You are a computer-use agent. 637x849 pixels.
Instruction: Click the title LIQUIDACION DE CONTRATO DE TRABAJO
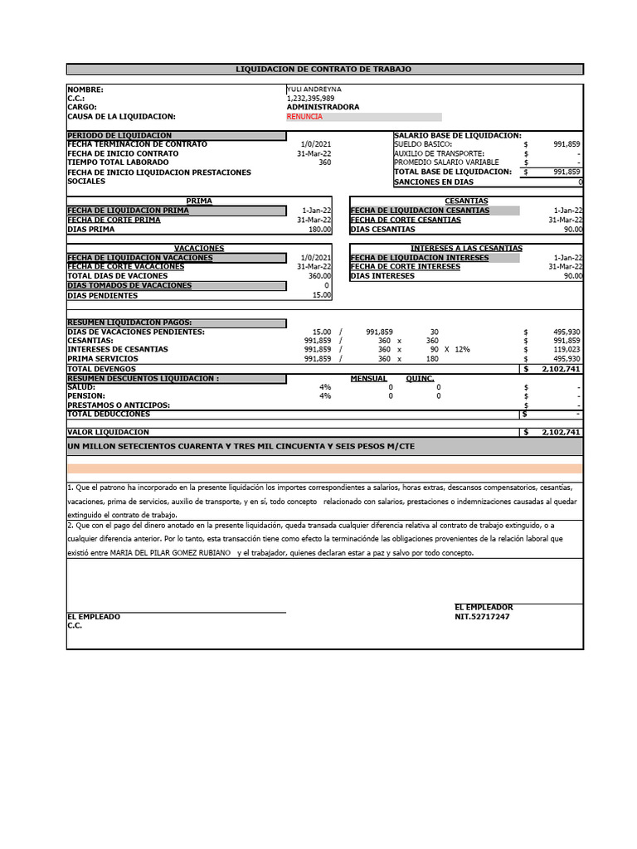point(323,70)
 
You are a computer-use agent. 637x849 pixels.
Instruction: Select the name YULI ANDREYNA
point(314,89)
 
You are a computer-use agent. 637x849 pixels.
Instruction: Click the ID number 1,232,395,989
point(310,98)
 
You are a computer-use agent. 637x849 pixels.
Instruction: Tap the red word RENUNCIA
point(304,117)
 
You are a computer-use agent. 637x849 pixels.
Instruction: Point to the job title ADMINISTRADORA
point(323,107)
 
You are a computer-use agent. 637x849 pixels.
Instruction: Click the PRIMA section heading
point(199,201)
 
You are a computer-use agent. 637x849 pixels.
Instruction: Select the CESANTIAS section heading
point(466,201)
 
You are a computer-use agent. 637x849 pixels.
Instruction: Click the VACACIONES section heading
point(199,248)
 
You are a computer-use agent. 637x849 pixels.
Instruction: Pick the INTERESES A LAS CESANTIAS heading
point(466,248)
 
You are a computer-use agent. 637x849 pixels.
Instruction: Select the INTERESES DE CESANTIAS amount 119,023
point(566,350)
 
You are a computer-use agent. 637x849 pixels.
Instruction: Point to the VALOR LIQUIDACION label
point(108,432)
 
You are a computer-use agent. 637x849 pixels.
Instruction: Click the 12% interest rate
point(462,350)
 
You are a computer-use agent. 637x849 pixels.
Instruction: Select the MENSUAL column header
point(368,378)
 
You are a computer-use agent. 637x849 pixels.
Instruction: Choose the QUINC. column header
point(421,378)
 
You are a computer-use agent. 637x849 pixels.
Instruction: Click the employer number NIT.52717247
point(482,617)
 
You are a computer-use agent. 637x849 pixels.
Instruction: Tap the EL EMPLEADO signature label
point(93,617)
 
